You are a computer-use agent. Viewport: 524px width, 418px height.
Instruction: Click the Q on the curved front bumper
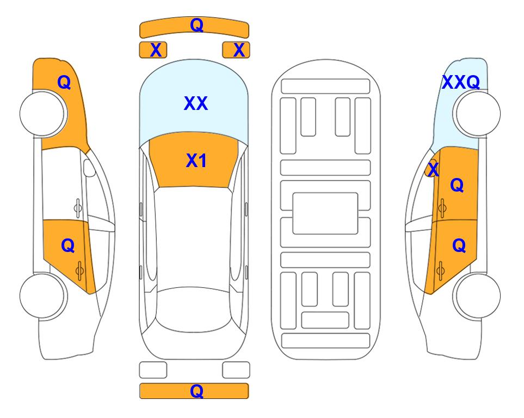tap(196, 25)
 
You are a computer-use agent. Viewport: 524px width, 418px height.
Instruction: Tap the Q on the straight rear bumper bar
tap(196, 391)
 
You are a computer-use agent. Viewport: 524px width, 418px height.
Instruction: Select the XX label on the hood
tap(196, 103)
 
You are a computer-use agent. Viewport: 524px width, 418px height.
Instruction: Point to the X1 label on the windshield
tap(196, 161)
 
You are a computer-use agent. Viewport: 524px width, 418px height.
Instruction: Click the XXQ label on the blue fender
tap(461, 82)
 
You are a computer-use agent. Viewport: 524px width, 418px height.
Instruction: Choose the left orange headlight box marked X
tap(153, 50)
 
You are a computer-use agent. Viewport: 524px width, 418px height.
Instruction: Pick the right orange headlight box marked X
tap(236, 50)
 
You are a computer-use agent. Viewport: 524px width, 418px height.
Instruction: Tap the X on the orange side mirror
tap(433, 169)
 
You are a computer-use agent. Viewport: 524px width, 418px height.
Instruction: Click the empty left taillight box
tap(153, 370)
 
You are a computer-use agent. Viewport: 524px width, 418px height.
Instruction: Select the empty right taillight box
tap(236, 370)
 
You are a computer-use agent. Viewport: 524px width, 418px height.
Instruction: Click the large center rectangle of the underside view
tap(325, 213)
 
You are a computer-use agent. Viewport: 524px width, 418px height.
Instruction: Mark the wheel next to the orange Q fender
tap(43, 113)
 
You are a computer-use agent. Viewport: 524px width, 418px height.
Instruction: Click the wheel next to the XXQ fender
tap(477, 113)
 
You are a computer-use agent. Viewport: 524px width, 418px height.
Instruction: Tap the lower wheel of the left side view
tap(43, 296)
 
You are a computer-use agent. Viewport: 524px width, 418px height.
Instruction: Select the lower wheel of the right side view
tap(477, 296)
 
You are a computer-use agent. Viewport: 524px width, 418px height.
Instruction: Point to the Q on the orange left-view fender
tap(64, 82)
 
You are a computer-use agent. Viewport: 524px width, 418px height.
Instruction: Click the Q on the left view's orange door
tap(68, 246)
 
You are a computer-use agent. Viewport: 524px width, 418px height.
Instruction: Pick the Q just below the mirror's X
tap(457, 185)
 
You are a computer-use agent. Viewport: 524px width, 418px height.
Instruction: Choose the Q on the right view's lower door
tap(459, 246)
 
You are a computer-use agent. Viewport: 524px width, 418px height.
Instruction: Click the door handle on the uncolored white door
tap(78, 208)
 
